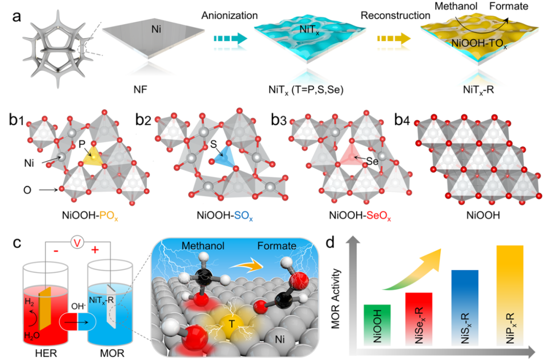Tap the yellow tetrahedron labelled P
click(x=92, y=160)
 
